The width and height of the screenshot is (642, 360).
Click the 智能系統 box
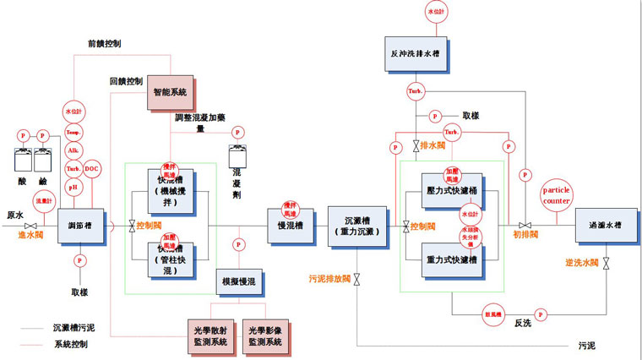pos(170,91)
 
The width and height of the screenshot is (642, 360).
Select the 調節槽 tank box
pos(81,226)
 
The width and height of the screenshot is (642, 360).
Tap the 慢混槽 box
pos(290,226)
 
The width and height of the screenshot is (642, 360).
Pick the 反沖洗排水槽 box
pos(414,52)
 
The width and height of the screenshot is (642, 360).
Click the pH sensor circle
pos(73,187)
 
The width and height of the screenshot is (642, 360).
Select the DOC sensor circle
pos(92,168)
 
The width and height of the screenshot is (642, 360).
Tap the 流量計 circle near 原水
pos(43,201)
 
